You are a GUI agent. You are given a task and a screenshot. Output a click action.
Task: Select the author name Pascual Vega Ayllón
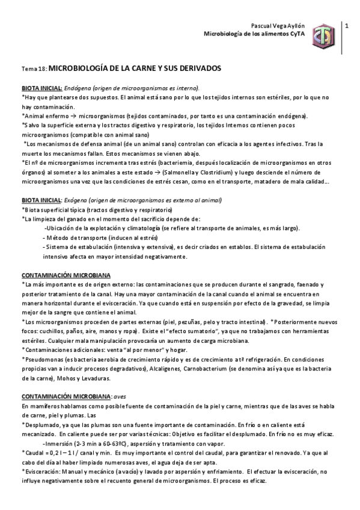(277, 26)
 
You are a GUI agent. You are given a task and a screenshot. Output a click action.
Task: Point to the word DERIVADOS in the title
(199, 69)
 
